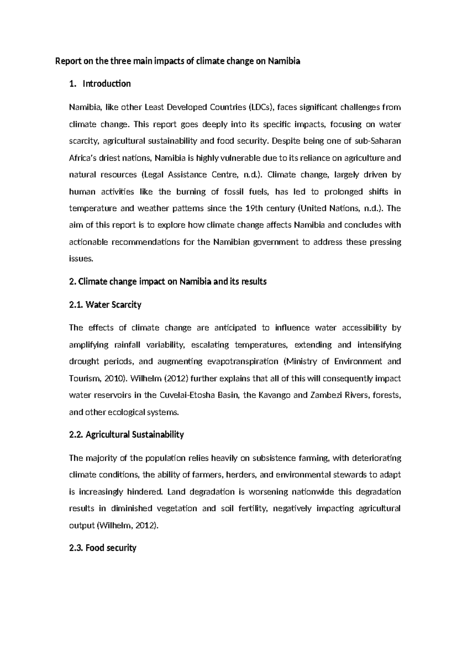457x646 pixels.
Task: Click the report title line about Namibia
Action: coord(178,61)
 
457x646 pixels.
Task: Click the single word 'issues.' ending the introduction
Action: coord(81,259)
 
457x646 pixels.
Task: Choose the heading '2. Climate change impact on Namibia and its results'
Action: coord(168,282)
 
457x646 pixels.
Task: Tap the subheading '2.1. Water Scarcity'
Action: coord(105,305)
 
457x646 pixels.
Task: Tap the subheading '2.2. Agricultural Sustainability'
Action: coord(126,435)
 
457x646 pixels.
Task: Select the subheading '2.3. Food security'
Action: coord(102,548)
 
